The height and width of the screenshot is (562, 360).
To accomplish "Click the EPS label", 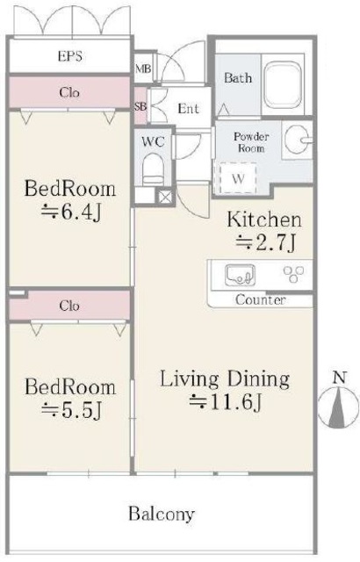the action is point(70,56).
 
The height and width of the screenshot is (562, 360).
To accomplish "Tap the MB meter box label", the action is point(143,68).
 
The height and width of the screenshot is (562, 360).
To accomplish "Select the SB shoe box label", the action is point(140,106).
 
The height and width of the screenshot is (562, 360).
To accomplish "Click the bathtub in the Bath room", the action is point(283,84).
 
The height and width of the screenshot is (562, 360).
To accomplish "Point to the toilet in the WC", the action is point(153,169).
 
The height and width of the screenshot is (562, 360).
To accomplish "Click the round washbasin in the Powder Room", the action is point(297,140).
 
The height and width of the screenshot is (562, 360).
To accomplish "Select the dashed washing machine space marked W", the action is point(237,178).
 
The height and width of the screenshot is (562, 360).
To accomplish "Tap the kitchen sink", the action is point(240,275).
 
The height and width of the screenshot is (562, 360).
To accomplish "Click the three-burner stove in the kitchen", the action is point(294,274).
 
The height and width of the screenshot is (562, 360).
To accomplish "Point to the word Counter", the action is point(261,299).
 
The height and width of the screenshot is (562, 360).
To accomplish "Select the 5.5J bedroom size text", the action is point(71,410).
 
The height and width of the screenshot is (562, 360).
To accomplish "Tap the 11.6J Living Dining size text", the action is point(226,402).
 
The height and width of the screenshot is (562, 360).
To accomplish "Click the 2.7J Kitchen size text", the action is point(266,242).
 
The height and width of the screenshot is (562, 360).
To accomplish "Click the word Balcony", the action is point(162,514).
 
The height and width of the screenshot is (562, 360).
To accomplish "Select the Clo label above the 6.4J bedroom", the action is point(69,92).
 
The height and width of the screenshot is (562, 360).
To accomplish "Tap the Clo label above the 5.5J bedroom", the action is point(69,306).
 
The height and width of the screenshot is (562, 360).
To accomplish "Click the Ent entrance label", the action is point(189,108).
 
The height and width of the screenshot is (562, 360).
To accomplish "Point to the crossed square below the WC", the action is point(164,197).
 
